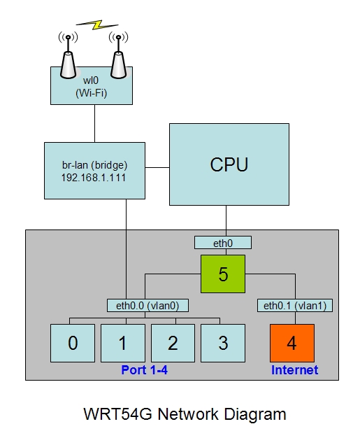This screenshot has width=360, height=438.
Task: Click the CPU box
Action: [229, 164]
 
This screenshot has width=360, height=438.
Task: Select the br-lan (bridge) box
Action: [94, 171]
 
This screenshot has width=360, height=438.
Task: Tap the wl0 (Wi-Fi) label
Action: [92, 87]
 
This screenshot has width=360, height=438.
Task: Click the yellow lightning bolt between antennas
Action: [97, 25]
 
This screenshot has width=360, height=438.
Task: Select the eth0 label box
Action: [223, 243]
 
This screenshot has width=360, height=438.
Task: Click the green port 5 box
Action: [223, 274]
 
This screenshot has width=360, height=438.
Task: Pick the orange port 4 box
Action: [292, 343]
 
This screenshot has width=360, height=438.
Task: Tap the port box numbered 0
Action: [73, 343]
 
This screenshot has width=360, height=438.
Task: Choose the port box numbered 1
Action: [123, 343]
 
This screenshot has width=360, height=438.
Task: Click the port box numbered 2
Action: [173, 343]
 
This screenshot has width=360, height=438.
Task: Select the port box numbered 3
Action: [223, 343]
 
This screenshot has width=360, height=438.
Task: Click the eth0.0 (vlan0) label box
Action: [147, 305]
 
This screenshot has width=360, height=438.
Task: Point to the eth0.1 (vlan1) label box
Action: [295, 305]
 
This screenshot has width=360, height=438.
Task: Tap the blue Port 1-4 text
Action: [145, 370]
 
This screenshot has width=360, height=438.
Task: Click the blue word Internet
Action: [295, 370]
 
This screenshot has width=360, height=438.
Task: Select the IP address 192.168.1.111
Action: [94, 178]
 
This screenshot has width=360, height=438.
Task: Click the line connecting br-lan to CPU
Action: [157, 168]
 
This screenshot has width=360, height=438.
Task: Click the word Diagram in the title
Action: [255, 414]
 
